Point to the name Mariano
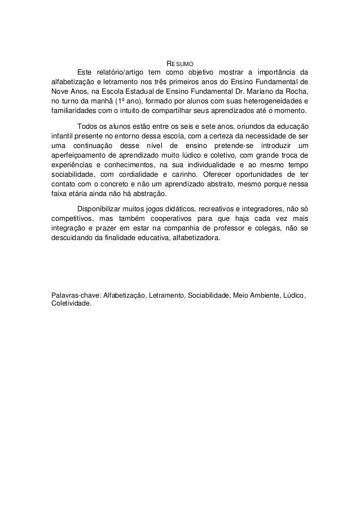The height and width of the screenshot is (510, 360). [x=263, y=90]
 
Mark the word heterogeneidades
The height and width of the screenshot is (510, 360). [x=270, y=100]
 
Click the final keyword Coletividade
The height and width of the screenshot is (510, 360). [x=71, y=303]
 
